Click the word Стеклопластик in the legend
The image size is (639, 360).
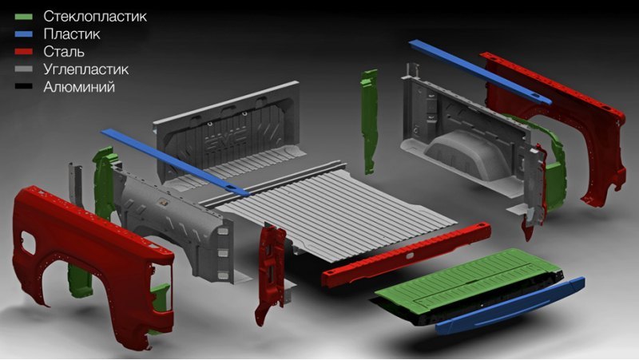click(95, 16)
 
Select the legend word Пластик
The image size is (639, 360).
click(72, 34)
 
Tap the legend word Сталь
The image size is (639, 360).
click(64, 52)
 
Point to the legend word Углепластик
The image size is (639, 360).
click(86, 69)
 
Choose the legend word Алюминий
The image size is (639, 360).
click(79, 87)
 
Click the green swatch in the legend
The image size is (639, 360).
click(24, 17)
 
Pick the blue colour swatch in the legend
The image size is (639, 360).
click(24, 34)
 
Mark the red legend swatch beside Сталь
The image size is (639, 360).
click(24, 52)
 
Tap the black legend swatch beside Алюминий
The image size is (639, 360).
click(24, 87)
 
